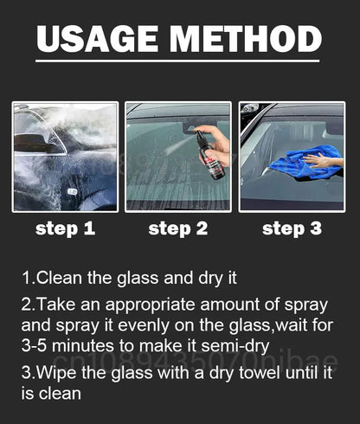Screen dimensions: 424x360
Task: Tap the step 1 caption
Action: [65, 229]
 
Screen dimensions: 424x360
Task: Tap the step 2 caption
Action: [178, 229]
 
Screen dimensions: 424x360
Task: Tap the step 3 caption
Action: [292, 229]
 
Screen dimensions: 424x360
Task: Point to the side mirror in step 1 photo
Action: [32, 143]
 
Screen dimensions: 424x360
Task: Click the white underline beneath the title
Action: [177, 61]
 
